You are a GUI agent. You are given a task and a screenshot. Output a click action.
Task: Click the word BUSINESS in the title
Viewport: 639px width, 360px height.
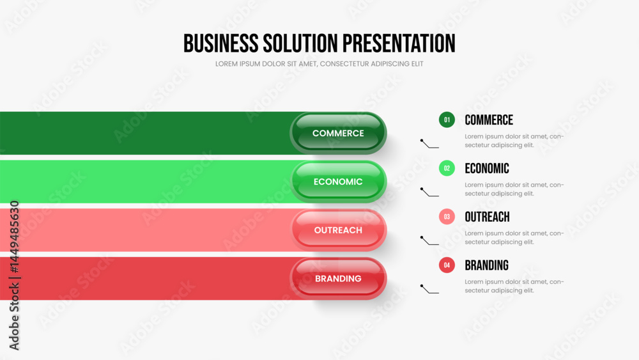pos(220,43)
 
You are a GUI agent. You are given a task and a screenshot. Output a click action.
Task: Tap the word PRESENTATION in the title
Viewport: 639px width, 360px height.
pos(399,43)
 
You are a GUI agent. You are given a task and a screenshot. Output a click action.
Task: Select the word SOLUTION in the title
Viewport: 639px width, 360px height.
pos(300,43)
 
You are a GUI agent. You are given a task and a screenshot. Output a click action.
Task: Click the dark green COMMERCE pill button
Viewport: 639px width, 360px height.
pos(338,133)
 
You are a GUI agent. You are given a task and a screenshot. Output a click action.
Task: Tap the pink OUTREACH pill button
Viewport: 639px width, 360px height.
pos(338,230)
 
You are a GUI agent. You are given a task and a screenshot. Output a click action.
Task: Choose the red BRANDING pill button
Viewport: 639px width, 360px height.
pos(338,278)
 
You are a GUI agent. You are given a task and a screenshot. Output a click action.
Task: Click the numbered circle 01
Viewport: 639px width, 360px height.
pos(447,120)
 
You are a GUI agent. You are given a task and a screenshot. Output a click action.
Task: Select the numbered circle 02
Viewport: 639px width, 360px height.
pos(447,168)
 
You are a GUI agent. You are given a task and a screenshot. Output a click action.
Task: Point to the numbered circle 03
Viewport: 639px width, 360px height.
pos(447,217)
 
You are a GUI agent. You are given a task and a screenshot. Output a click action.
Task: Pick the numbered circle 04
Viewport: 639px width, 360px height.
pos(447,265)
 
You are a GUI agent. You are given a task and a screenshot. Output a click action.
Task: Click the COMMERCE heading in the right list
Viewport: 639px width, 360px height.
pos(489,120)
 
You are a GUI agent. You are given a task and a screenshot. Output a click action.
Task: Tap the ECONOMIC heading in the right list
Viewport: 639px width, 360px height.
pos(487,168)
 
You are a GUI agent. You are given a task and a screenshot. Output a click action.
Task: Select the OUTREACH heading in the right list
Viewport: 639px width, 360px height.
pos(488,217)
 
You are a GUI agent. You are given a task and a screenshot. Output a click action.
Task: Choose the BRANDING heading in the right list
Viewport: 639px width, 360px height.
pos(486,265)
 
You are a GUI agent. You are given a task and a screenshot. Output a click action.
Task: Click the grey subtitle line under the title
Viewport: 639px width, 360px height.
pos(319,64)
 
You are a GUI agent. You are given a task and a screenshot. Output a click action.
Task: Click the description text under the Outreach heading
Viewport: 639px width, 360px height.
pos(514,238)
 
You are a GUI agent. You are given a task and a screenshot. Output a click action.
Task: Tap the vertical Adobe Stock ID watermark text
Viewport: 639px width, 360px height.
pos(14,275)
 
